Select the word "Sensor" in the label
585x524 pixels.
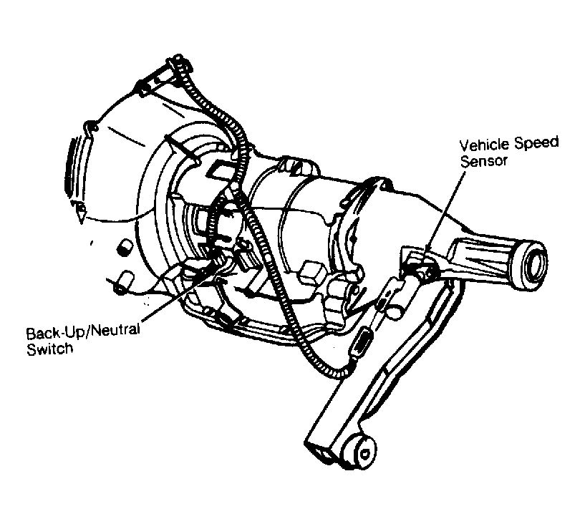click(x=483, y=161)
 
